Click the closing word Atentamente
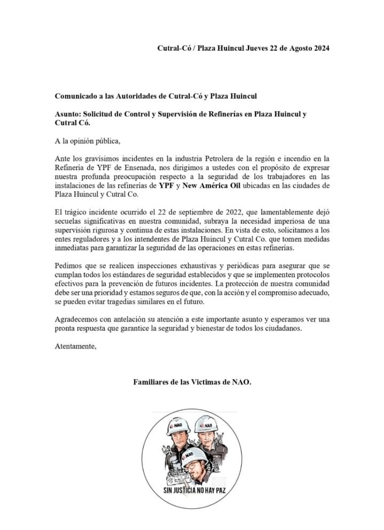76,346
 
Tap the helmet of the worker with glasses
194,456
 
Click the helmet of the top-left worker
179,427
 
